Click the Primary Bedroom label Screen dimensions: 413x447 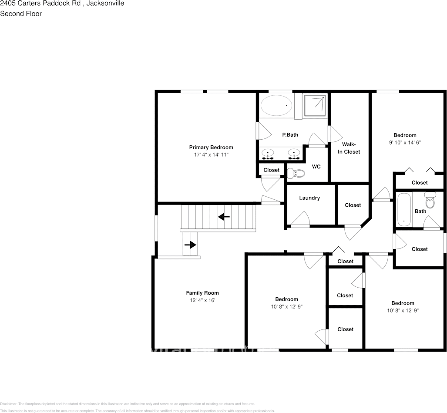tap(211, 147)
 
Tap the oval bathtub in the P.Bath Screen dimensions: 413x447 tap(276, 105)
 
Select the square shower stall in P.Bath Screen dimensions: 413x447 tap(314, 106)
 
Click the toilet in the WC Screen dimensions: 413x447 tap(296, 173)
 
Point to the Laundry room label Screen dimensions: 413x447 tap(309, 198)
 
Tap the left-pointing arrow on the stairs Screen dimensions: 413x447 tap(224, 216)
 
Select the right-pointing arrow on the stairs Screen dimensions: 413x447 tap(190, 245)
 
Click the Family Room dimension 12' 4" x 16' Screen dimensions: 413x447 tap(202, 300)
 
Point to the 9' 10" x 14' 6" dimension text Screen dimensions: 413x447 tap(405, 142)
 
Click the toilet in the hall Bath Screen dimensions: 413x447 tap(430, 201)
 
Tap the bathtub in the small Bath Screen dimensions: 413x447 tap(404, 209)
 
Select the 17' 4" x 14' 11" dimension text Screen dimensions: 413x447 tap(211, 154)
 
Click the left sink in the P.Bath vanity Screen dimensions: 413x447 tap(268, 154)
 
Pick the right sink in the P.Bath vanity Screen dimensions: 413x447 tap(295, 154)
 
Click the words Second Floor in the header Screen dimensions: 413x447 tap(21, 13)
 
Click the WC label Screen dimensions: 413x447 tap(316, 167)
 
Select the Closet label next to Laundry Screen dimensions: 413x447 tap(353, 205)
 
